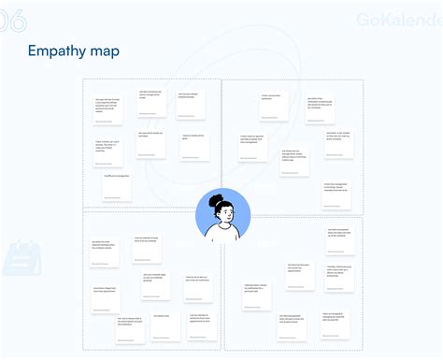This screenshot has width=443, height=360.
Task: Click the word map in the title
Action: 105,50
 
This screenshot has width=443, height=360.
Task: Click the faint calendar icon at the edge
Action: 16,258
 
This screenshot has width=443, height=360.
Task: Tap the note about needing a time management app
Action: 337,189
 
